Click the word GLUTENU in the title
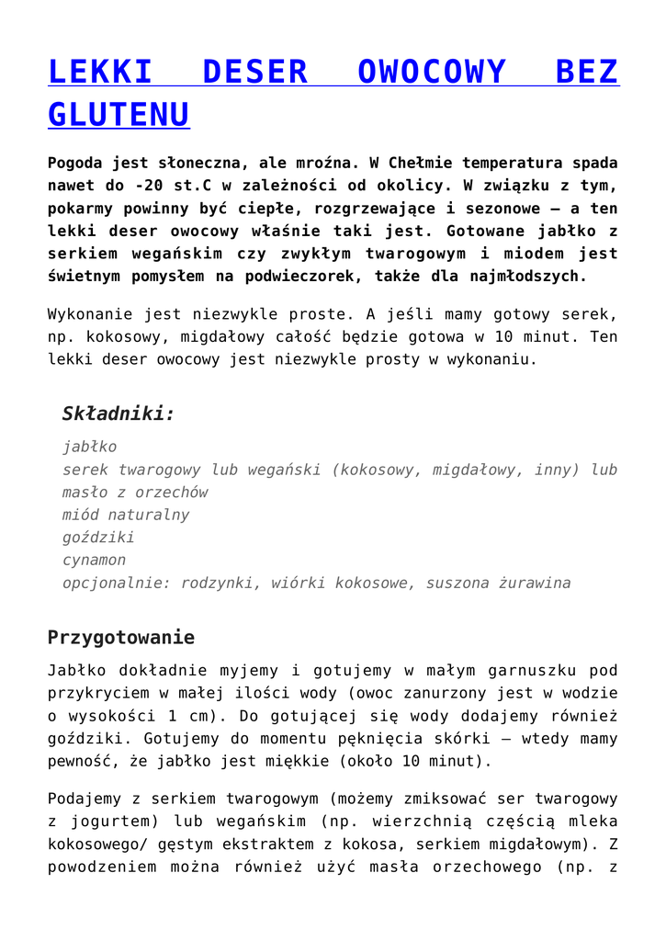[119, 115]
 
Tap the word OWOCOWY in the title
[432, 72]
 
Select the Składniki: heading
[118, 414]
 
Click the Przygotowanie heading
[121, 638]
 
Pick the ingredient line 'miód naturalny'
[126, 515]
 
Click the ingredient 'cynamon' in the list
[94, 560]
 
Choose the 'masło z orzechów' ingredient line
[135, 493]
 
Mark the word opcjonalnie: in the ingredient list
[117, 583]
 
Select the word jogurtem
[111, 822]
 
